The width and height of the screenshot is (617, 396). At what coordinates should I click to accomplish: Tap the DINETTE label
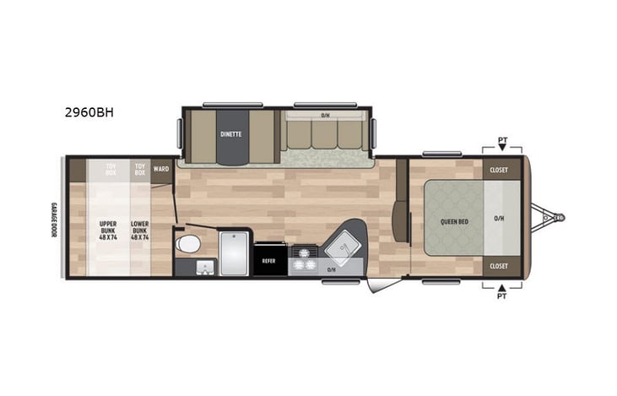pos(231,133)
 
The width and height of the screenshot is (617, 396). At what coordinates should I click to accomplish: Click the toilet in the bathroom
pos(189,245)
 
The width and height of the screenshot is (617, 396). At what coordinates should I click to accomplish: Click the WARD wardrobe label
pos(161,169)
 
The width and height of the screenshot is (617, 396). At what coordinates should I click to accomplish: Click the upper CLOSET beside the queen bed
pos(499,170)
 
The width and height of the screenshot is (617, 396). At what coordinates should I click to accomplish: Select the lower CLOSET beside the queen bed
pos(499,266)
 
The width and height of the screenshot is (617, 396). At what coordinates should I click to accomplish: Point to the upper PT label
pos(503,139)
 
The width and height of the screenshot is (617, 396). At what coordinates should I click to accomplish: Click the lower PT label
pos(503,296)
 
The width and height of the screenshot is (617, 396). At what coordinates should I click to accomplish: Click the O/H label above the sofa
pos(325,116)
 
